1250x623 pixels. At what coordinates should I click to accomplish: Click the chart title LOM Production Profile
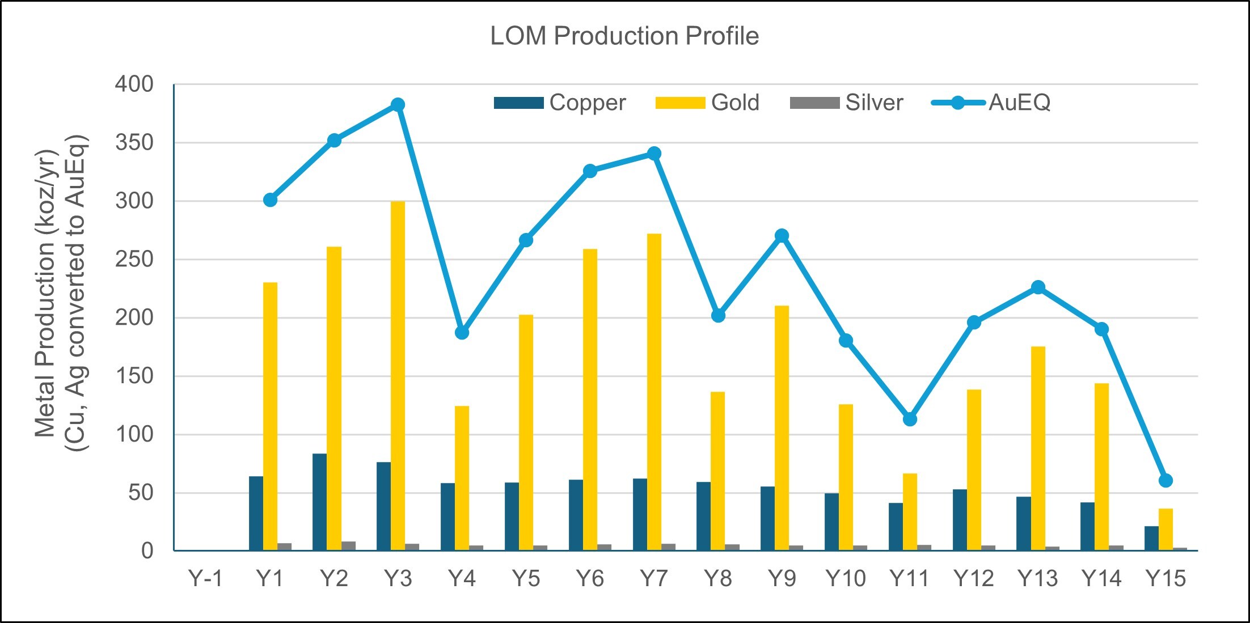point(624,36)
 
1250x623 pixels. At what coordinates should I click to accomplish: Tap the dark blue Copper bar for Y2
point(319,502)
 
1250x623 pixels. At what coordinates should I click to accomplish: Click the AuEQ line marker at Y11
point(910,419)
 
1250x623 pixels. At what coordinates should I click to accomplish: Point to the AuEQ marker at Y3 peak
point(398,105)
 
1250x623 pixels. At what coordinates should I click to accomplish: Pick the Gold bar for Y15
point(1165,529)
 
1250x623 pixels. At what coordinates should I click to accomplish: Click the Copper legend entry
point(560,103)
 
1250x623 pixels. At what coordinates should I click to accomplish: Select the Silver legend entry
point(846,103)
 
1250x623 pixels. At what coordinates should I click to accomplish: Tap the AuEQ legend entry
point(991,103)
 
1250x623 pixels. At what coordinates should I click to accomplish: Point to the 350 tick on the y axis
point(134,143)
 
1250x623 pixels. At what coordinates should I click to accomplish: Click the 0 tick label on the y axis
point(147,551)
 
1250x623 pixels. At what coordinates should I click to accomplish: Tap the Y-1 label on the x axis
point(205,579)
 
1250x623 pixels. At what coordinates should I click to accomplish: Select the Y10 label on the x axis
point(846,579)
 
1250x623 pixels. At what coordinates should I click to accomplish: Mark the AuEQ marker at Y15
point(1165,481)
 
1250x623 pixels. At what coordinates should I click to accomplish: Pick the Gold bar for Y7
point(654,391)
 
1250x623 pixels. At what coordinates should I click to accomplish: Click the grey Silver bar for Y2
point(348,546)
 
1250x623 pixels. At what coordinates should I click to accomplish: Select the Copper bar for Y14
point(1087,527)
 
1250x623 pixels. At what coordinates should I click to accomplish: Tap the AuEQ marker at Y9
point(782,236)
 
